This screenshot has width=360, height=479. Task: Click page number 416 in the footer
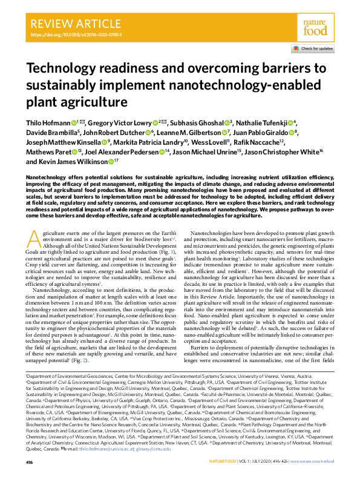pos(30,463)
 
